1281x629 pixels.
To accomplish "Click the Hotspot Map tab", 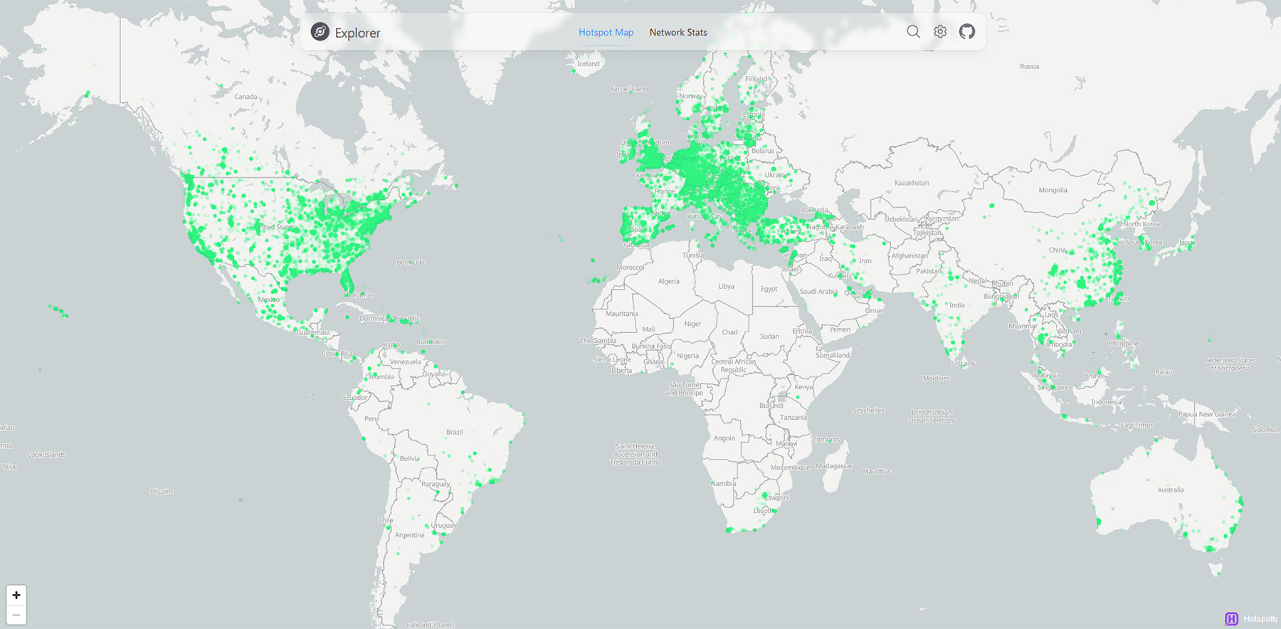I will (x=606, y=32).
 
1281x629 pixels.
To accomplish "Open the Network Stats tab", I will (x=678, y=32).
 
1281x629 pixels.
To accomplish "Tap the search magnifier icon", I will (x=913, y=31).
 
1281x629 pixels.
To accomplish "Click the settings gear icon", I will (x=940, y=31).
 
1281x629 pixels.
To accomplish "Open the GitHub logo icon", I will (x=966, y=31).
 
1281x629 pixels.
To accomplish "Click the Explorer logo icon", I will (x=320, y=32).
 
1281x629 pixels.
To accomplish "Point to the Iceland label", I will (x=588, y=63).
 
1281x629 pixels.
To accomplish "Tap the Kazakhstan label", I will (x=912, y=183).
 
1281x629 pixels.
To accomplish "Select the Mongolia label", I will (x=1053, y=190).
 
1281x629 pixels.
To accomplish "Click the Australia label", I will (x=1171, y=490).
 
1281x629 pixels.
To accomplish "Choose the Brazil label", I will (x=454, y=432).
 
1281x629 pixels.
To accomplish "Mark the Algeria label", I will (x=668, y=281).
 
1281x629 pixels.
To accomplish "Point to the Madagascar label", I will (x=834, y=466).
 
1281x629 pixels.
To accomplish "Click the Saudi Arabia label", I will (x=818, y=291).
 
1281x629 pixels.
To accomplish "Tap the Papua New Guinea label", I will (x=1206, y=413).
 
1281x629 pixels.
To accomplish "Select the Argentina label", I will (x=409, y=535).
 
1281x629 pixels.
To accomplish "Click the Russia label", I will (x=1029, y=66).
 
